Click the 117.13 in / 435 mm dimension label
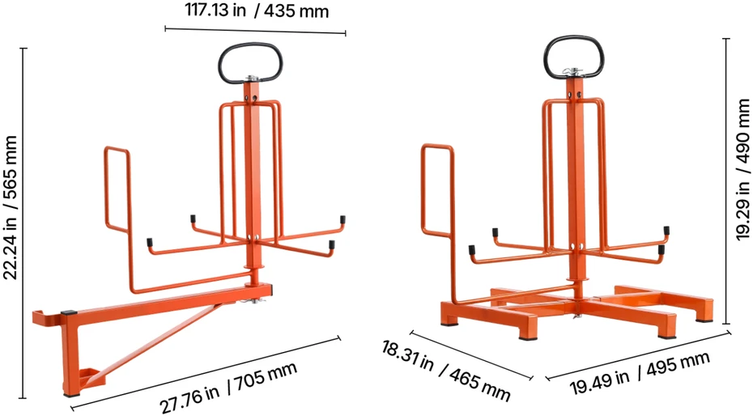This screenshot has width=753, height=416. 257,11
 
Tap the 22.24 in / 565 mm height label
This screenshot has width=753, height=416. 11,207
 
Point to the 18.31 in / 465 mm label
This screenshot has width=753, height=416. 445,370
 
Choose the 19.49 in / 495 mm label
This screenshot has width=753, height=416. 639,372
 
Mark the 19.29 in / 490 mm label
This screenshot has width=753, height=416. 743,169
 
